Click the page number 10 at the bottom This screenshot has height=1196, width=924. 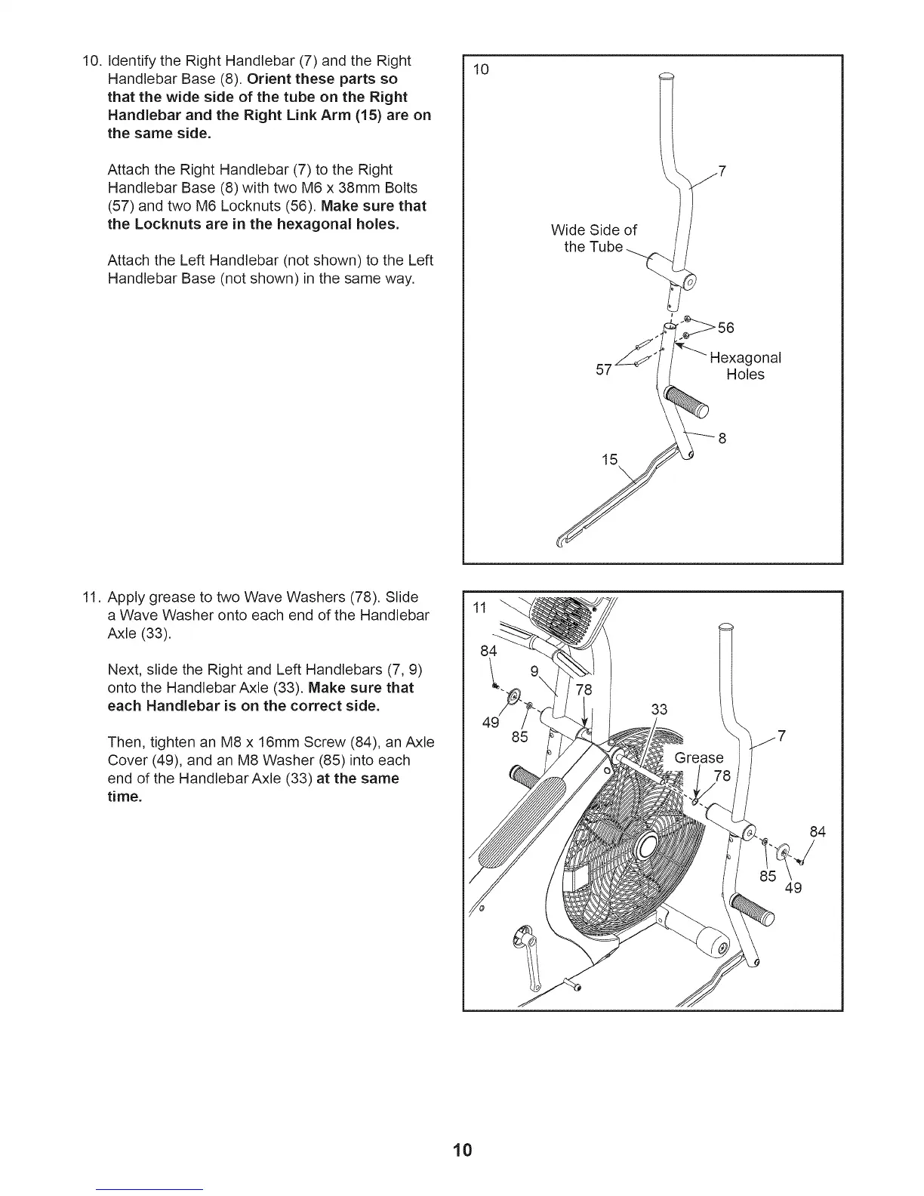click(462, 1150)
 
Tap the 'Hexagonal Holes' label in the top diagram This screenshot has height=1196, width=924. click(745, 366)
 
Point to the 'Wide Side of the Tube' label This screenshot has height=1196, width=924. click(594, 239)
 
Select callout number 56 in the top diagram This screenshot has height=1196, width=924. click(725, 328)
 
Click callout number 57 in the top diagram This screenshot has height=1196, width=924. click(603, 369)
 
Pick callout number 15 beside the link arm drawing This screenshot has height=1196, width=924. click(609, 460)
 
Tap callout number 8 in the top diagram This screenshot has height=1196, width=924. click(722, 439)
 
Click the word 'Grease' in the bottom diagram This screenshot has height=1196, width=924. click(699, 757)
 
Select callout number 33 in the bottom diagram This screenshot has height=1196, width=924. click(659, 709)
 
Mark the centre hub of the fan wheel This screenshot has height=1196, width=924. click(649, 846)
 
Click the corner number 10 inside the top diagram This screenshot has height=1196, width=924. click(481, 69)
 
